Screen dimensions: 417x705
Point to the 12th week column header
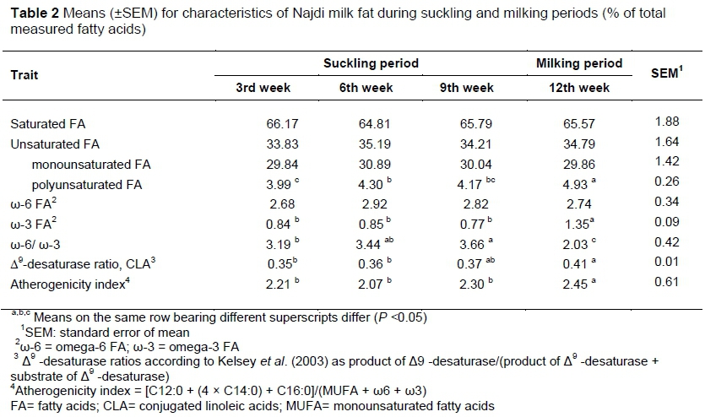(579, 88)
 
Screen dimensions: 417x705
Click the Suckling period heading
(371, 63)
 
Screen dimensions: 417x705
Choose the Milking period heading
(579, 63)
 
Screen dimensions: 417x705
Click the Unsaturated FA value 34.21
(474, 144)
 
